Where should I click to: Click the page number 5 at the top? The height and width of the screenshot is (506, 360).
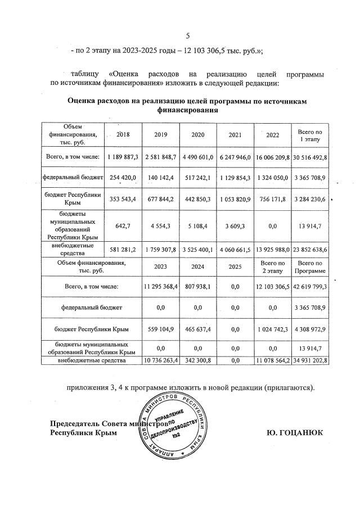click(188, 37)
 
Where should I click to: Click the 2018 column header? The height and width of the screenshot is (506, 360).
click(123, 134)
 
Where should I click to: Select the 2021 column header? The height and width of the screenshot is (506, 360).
click(236, 135)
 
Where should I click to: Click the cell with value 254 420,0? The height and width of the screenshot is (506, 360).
click(123, 177)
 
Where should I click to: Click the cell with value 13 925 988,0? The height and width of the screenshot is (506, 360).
click(272, 249)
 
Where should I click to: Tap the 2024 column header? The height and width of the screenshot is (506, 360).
click(198, 268)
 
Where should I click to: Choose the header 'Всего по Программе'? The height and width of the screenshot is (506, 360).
click(309, 268)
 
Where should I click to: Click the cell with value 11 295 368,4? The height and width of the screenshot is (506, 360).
click(161, 287)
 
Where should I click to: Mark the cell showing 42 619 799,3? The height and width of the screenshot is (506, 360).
click(309, 287)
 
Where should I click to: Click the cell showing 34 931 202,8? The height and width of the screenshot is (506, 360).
click(309, 359)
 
